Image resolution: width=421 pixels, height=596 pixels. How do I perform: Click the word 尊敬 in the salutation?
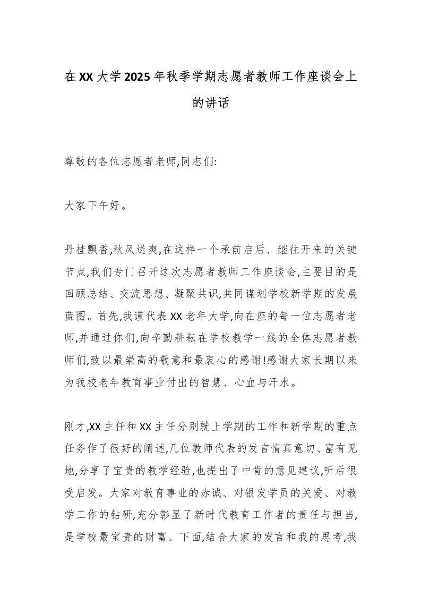click(x=78, y=161)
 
